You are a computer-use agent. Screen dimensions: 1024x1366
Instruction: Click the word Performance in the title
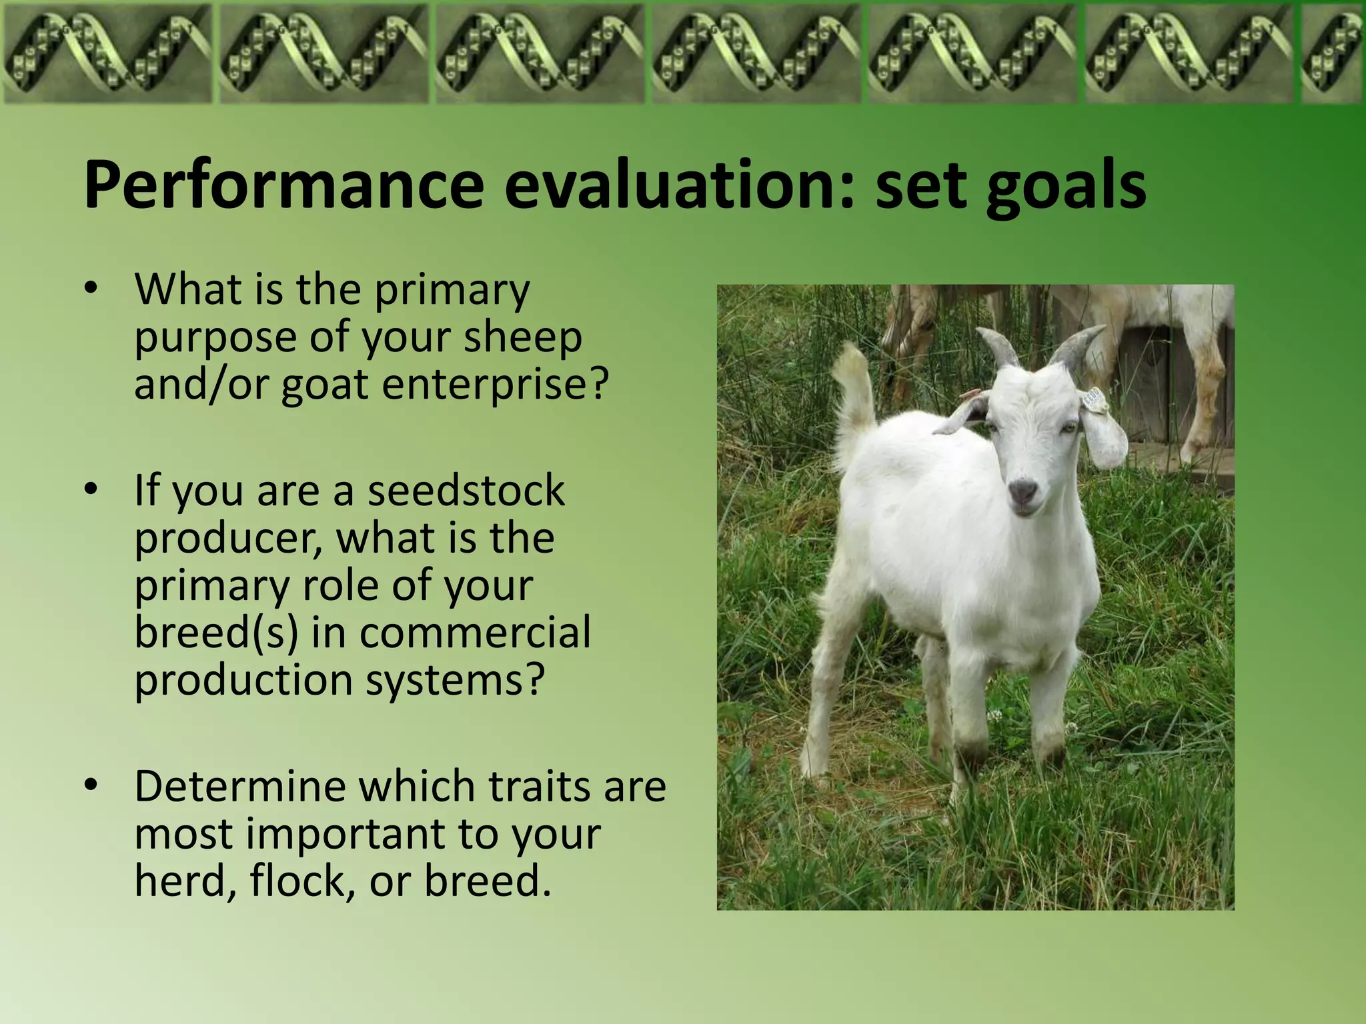[283, 187]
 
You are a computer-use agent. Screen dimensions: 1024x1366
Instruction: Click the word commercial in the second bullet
[475, 632]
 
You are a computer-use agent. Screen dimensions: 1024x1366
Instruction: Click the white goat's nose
[1022, 492]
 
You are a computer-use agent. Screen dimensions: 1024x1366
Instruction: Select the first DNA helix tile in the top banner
[107, 53]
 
